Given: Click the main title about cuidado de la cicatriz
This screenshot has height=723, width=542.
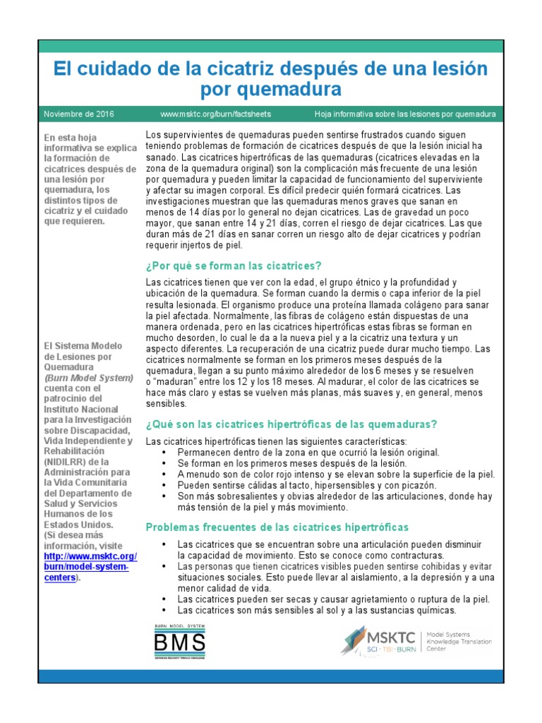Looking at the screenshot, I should coord(271,79).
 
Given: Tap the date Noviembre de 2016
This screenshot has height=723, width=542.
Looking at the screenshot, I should coord(79,114).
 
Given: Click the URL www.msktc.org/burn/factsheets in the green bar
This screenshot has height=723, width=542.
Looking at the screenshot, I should coord(215,114).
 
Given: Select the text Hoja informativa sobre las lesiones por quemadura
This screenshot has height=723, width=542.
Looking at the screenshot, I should coord(404,114).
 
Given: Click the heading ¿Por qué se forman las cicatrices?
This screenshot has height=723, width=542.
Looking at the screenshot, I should coord(233,265).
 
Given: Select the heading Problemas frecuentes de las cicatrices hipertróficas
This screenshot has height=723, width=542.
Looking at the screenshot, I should coord(277,527).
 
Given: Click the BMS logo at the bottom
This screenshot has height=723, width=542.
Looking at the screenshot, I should coord(179,642).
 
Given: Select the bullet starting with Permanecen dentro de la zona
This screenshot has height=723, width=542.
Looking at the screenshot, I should coord(308,452).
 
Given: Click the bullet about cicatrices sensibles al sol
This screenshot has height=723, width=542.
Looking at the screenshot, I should coord(317,610).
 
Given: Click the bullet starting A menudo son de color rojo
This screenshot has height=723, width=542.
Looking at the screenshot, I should coord(336,474).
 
